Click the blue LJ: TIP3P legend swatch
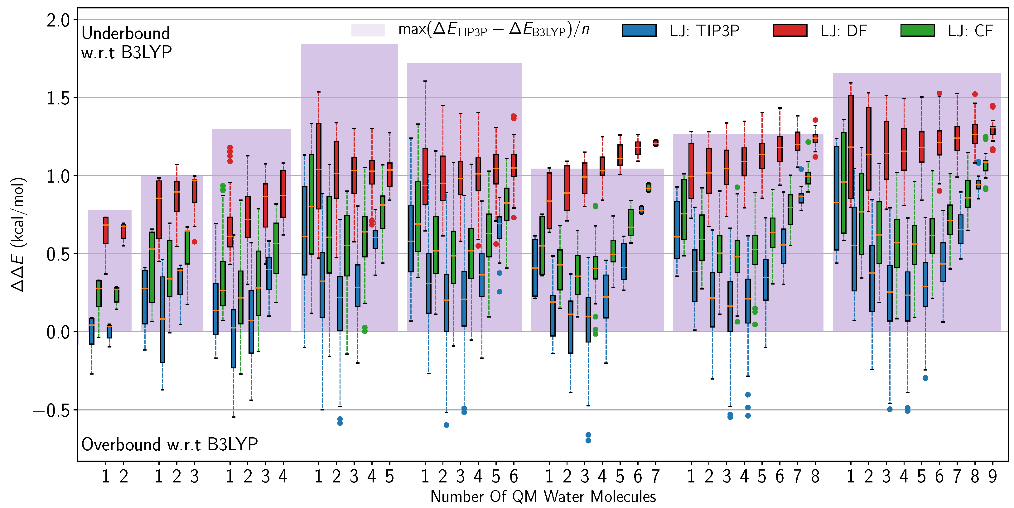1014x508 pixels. (x=639, y=30)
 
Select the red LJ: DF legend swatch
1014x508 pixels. (x=790, y=30)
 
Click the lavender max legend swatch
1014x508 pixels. (x=368, y=30)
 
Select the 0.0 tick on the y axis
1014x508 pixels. (x=58, y=333)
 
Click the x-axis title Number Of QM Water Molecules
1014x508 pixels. (x=543, y=496)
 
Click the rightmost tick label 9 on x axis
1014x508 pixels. (x=992, y=477)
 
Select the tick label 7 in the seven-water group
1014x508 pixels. (x=655, y=477)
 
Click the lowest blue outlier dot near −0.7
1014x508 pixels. (x=588, y=440)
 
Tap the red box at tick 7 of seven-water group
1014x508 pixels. (x=655, y=143)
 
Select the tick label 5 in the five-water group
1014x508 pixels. (x=389, y=477)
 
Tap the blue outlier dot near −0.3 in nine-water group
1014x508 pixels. (x=925, y=378)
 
